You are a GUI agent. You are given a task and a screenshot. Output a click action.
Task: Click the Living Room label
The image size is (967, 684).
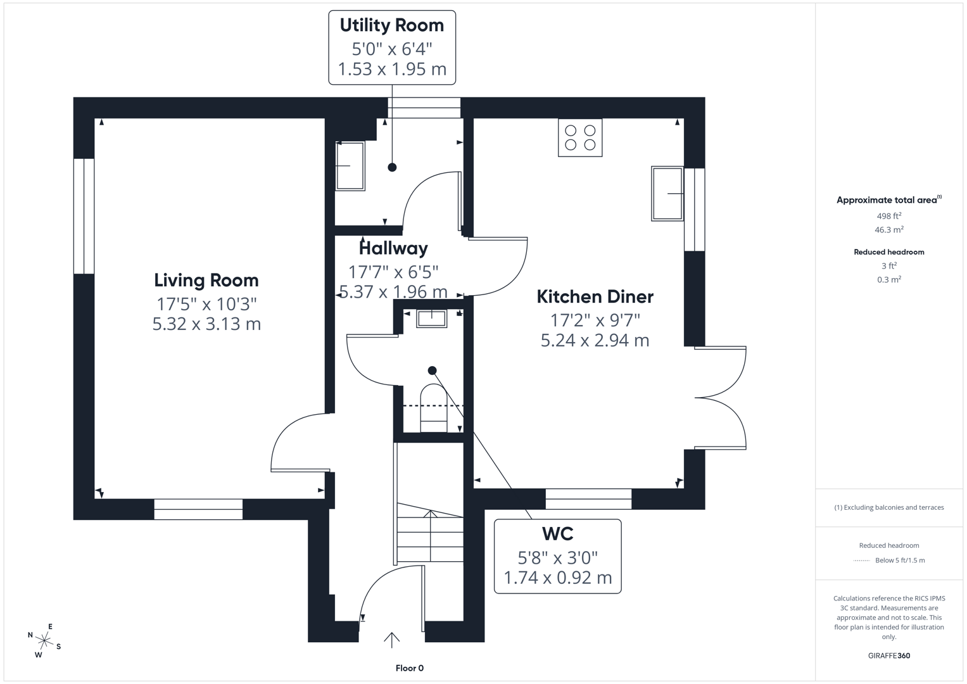(x=206, y=281)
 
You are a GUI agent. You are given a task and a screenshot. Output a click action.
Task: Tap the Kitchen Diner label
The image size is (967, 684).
(x=595, y=296)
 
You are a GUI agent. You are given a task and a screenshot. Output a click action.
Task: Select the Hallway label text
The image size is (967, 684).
(x=393, y=248)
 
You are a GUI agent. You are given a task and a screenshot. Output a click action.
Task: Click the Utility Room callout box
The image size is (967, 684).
(x=392, y=47)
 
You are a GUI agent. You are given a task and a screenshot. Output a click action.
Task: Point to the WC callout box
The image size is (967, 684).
(x=557, y=556)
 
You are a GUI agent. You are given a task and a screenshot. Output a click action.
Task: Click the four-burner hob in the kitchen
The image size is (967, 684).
(x=580, y=137)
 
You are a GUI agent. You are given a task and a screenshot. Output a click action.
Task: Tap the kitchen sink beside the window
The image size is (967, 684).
(x=667, y=193)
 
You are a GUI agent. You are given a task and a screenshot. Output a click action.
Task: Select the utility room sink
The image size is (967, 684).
(x=350, y=166)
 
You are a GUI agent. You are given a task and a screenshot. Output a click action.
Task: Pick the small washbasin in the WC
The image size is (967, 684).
(x=432, y=318)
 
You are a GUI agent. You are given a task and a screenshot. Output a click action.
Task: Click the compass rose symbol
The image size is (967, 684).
(x=44, y=641)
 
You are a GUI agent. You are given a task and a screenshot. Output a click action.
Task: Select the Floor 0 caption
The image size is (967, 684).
(x=410, y=668)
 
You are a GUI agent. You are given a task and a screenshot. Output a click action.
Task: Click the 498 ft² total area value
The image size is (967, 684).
(x=888, y=216)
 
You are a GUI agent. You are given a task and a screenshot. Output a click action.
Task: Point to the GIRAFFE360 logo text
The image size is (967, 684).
(x=888, y=655)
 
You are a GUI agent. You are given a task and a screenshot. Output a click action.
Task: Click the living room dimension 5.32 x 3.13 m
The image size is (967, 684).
(x=206, y=324)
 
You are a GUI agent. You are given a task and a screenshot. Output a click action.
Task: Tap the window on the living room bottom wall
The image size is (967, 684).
(x=198, y=509)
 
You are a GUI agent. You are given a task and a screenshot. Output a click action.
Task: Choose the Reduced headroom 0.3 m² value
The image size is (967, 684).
(x=888, y=279)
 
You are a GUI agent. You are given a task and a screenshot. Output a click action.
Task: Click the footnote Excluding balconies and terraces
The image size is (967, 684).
(x=888, y=507)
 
